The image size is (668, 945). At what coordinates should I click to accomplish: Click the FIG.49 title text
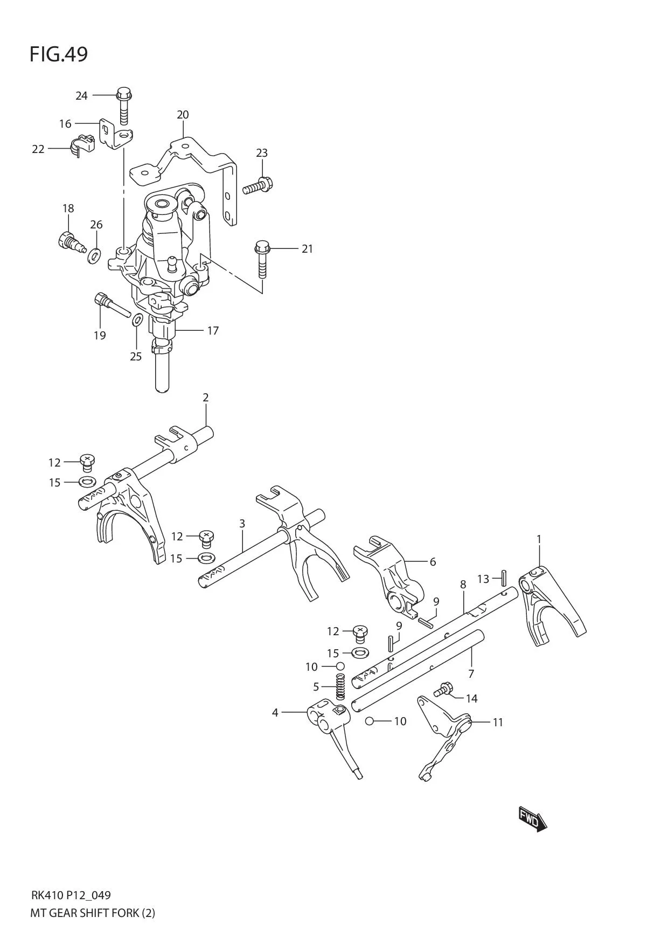(x=58, y=54)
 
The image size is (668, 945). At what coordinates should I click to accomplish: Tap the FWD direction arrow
(x=532, y=820)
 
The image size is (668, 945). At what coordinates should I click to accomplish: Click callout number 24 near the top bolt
(x=81, y=96)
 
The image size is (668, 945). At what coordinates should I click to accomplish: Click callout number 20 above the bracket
(x=183, y=115)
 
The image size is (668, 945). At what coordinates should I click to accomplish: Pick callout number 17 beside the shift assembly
(x=213, y=330)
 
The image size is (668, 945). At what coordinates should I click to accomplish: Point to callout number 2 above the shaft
(x=206, y=398)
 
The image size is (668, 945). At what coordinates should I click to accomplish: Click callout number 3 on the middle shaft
(x=242, y=523)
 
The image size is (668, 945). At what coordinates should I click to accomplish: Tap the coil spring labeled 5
(x=340, y=687)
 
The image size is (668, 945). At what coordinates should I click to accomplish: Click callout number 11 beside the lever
(x=498, y=722)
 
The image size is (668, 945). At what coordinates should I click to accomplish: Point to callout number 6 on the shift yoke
(x=433, y=561)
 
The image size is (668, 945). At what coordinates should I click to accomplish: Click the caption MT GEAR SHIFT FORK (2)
(x=93, y=913)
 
